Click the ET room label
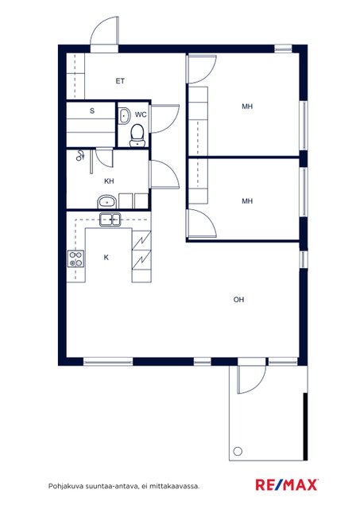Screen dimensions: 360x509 pos(120,81)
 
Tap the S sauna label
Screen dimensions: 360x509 pos(92,111)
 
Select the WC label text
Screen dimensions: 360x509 pos(141,115)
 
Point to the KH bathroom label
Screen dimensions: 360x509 pos(109,181)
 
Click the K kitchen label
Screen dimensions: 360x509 pos(106,258)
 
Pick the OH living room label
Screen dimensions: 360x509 pos(238,300)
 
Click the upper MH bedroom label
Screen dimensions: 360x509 pos(247,106)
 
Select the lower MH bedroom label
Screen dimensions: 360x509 pos(247,201)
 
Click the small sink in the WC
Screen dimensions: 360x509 pos(124,115)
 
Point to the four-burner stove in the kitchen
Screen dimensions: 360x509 pos(75,258)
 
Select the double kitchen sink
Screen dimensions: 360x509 pos(110,220)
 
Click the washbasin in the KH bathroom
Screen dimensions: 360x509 pos(106,202)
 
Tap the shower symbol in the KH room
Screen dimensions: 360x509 pos(80,156)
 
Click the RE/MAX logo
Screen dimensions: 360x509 pos(287,484)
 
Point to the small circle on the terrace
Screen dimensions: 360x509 pos(238,451)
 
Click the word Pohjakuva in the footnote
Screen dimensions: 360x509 pos(63,486)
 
